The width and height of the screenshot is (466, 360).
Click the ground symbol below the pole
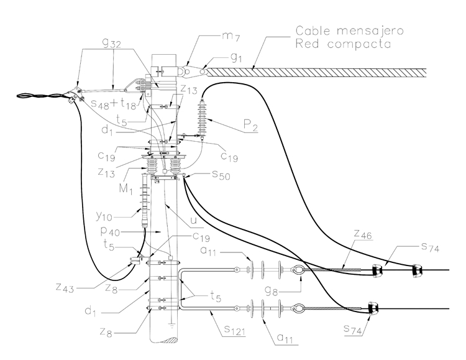point(170,324)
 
